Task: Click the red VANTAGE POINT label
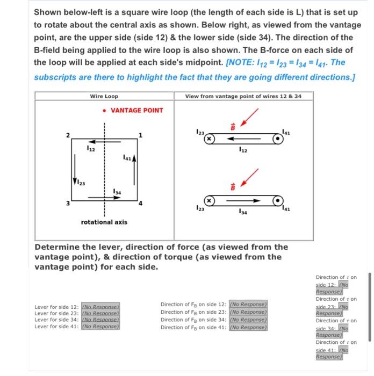(x=136, y=110)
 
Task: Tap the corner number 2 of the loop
(x=68, y=134)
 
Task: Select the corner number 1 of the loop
(x=140, y=134)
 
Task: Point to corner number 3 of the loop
(x=68, y=203)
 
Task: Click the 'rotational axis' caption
(x=104, y=221)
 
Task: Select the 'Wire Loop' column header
(x=104, y=96)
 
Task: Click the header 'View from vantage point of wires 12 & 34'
(x=243, y=96)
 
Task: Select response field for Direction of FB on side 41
(x=248, y=327)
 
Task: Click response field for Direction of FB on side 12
(x=248, y=304)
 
